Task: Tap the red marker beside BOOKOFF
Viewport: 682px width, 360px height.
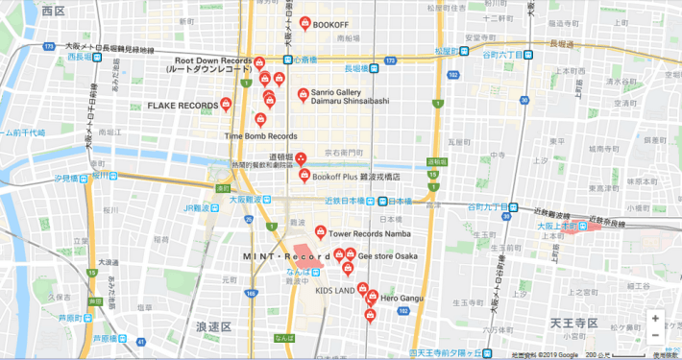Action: point(304,23)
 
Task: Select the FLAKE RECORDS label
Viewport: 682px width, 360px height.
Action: point(183,105)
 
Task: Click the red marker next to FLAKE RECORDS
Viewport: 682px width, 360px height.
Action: point(227,104)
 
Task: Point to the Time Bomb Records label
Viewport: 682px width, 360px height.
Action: point(261,136)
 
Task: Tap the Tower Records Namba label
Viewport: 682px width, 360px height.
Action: point(370,233)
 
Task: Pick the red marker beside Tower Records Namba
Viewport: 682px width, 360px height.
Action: point(321,232)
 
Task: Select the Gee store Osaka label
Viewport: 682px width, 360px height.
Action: point(388,256)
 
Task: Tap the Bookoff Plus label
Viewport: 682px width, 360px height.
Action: point(356,178)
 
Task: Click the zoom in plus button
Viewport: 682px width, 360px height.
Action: point(655,318)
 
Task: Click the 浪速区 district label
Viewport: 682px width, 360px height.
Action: point(213,327)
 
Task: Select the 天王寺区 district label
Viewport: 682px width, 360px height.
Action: point(574,321)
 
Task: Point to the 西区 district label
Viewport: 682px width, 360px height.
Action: point(54,11)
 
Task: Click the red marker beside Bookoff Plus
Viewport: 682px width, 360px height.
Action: point(304,176)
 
